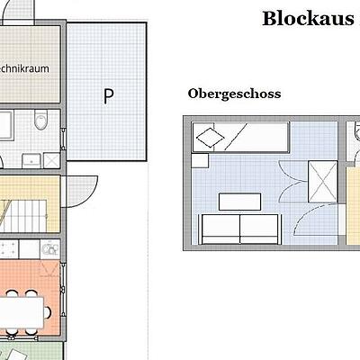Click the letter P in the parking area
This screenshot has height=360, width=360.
[x=108, y=95]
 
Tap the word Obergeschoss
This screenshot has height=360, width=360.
[x=234, y=94]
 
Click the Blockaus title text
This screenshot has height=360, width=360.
[x=308, y=19]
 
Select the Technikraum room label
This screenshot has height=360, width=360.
[x=24, y=68]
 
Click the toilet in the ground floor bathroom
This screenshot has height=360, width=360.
[x=40, y=120]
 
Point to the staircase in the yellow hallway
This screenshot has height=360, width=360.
[x=24, y=215]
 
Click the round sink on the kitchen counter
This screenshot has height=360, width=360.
[x=50, y=249]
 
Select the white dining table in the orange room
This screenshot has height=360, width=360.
[x=22, y=312]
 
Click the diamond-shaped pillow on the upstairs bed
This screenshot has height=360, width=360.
[x=210, y=138]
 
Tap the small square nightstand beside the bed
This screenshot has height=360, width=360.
[x=200, y=161]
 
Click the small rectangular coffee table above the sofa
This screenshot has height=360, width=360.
[x=239, y=202]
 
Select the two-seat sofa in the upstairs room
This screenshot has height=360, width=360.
[x=240, y=229]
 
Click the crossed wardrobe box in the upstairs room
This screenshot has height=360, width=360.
[x=323, y=182]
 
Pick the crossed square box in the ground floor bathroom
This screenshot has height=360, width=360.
[x=51, y=160]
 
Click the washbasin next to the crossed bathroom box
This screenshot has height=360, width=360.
[x=31, y=160]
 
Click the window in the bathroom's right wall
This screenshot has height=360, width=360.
[x=63, y=139]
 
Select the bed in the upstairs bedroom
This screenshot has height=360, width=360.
[x=241, y=138]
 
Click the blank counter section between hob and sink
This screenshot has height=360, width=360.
[x=29, y=249]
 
